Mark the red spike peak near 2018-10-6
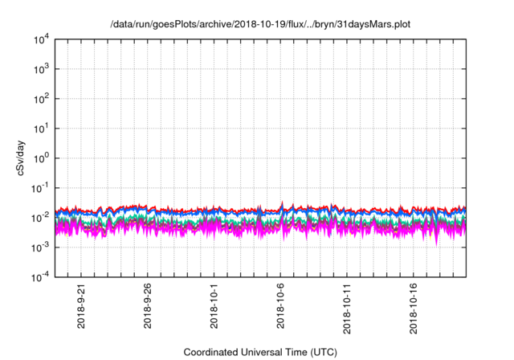click(x=281, y=202)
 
